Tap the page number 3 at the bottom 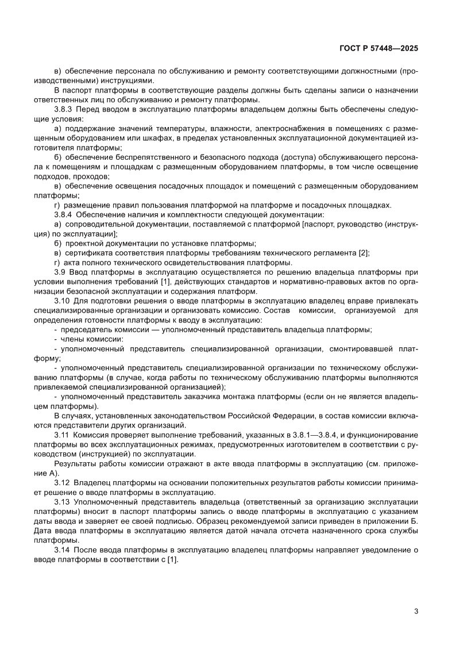pos(415,610)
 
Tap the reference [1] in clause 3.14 pos(172,560)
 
